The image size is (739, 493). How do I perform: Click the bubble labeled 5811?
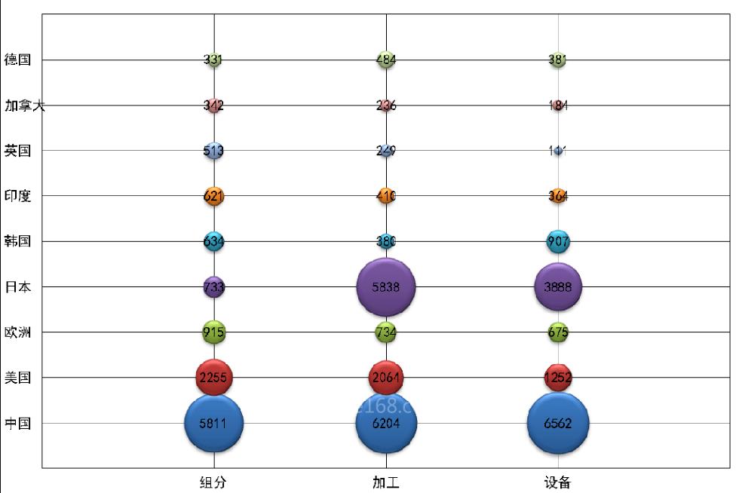click(214, 423)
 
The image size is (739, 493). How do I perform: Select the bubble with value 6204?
click(386, 423)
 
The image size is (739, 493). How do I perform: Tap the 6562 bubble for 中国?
click(558, 423)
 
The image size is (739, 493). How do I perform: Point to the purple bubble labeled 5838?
click(386, 286)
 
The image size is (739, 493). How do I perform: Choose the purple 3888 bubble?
click(558, 286)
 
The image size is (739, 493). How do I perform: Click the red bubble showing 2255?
click(214, 378)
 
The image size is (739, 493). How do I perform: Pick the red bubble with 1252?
click(558, 378)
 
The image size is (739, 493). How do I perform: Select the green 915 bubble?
click(214, 332)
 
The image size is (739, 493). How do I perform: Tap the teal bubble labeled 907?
click(558, 241)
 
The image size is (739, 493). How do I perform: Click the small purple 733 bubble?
click(214, 286)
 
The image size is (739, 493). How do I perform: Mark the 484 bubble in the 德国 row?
click(386, 60)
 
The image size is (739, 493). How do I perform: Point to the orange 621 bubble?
click(214, 196)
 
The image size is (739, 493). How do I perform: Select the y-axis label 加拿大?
click(24, 106)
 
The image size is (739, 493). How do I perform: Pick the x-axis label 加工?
click(385, 482)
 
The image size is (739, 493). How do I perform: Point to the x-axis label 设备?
click(558, 482)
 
